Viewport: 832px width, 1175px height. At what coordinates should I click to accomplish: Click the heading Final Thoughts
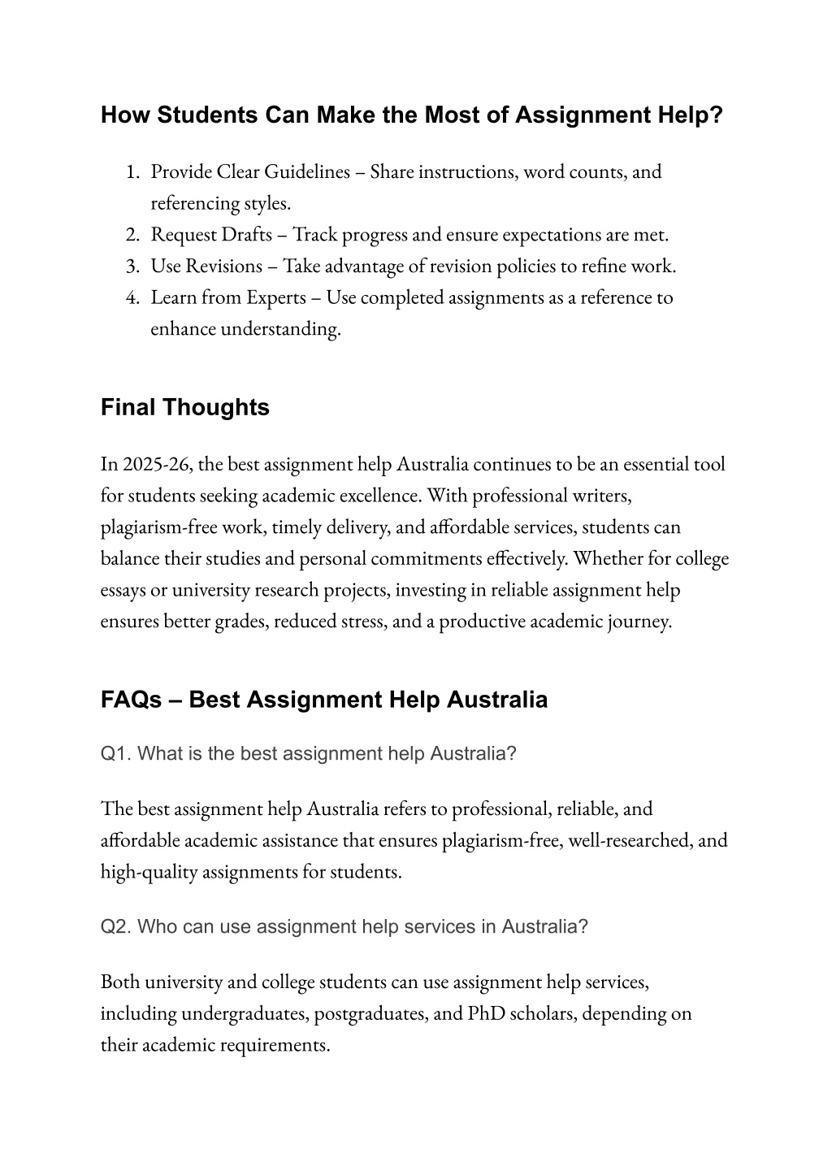pos(184,407)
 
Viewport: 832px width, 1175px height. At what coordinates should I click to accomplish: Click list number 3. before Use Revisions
pos(133,266)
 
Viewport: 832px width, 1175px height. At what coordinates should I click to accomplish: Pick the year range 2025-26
pos(157,464)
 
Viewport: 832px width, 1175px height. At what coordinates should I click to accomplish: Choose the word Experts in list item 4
pos(275,297)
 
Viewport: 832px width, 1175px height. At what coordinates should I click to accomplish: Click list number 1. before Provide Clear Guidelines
pos(133,171)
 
